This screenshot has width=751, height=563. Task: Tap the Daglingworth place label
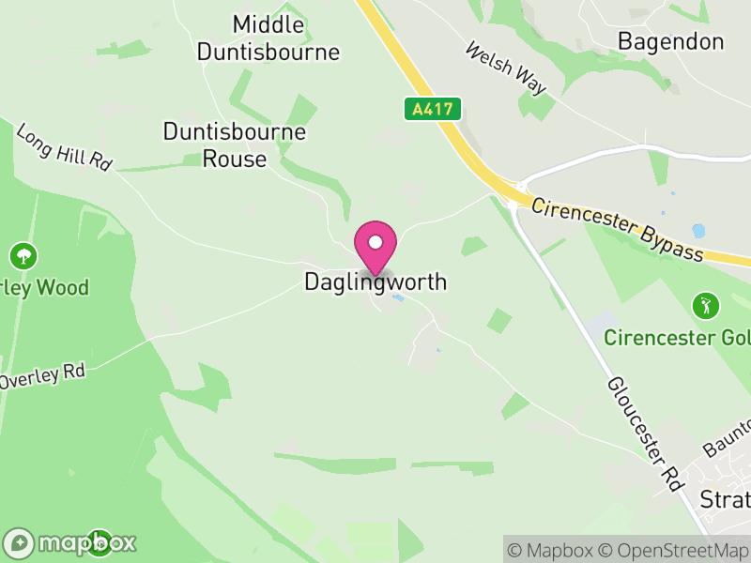click(375, 281)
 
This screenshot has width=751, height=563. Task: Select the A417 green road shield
click(433, 109)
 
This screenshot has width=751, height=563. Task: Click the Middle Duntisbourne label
click(268, 38)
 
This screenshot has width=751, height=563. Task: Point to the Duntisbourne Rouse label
click(235, 145)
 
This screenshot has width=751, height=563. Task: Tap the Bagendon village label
click(670, 41)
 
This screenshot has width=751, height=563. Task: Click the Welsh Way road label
click(505, 68)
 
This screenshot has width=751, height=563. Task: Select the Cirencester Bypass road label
click(616, 229)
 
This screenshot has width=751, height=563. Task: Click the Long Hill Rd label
click(64, 147)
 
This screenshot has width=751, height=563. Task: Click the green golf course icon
click(704, 305)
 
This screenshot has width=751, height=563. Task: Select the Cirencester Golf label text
click(677, 337)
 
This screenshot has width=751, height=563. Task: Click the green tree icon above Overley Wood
click(23, 254)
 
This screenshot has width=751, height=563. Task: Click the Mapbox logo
click(71, 542)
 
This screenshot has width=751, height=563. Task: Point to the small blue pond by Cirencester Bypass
click(697, 230)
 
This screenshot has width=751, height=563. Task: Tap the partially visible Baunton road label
click(728, 437)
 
